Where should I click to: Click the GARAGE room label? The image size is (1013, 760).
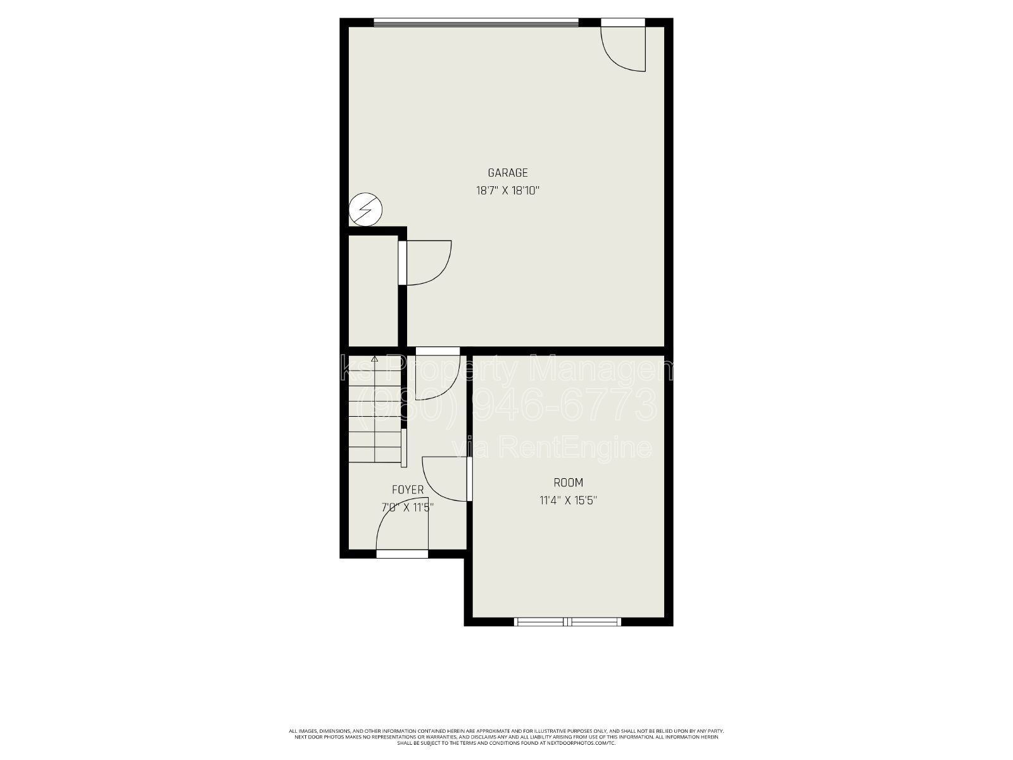pyautogui.click(x=507, y=172)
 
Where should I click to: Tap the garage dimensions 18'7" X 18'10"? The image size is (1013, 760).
pyautogui.click(x=507, y=190)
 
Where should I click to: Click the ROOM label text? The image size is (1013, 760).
pyautogui.click(x=568, y=483)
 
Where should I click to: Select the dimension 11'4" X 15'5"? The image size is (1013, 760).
pyautogui.click(x=568, y=500)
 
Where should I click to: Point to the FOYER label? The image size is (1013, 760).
pyautogui.click(x=408, y=490)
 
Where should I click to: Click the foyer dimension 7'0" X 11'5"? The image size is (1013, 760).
pyautogui.click(x=408, y=507)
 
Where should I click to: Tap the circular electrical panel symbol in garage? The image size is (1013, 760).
pyautogui.click(x=366, y=209)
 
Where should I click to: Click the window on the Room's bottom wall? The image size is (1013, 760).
pyautogui.click(x=568, y=622)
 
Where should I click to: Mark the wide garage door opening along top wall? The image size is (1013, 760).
pyautogui.click(x=476, y=23)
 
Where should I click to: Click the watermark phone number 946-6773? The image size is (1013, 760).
pyautogui.click(x=563, y=405)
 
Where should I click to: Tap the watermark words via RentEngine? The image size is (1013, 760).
pyautogui.click(x=551, y=448)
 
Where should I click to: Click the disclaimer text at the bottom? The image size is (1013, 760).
pyautogui.click(x=507, y=737)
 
